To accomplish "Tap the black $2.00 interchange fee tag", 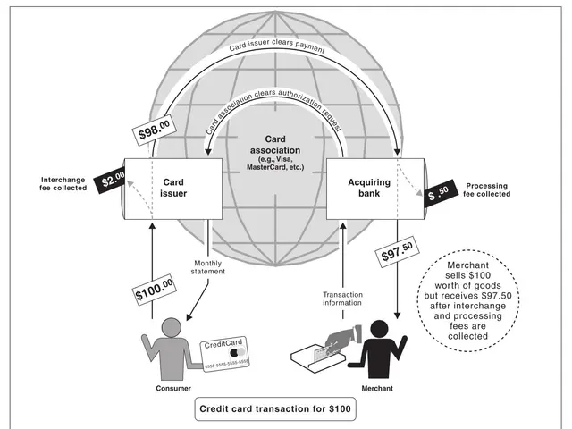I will (114, 180).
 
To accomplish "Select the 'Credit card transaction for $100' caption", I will (275, 409).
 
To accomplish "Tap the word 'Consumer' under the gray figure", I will (162, 389).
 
